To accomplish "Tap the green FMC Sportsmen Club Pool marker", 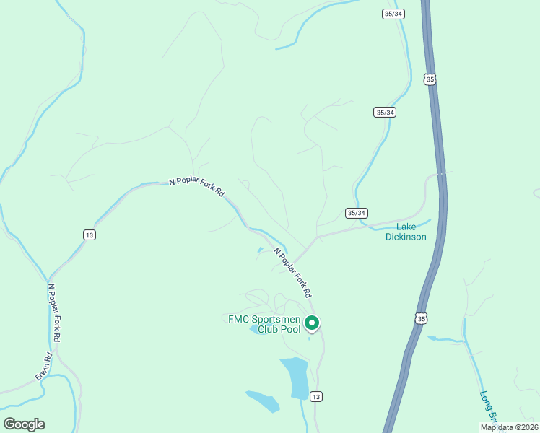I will tap(312, 323).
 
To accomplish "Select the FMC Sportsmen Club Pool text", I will tap(264, 323).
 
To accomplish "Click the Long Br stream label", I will tap(488, 408).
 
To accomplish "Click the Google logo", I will tap(24, 424).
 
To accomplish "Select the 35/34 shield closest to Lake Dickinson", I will tap(357, 213).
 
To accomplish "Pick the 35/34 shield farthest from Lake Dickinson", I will tap(392, 13).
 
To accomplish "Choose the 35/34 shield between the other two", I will tap(385, 112).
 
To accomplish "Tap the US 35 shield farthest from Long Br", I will tap(430, 79).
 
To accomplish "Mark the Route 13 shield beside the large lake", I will tap(315, 396).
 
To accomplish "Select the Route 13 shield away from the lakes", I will tap(89, 235).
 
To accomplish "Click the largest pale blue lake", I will tap(297, 376).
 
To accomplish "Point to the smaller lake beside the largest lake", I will tap(263, 401).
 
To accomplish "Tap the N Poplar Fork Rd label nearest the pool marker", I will tap(292, 274).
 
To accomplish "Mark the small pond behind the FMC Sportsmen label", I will tap(257, 331).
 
